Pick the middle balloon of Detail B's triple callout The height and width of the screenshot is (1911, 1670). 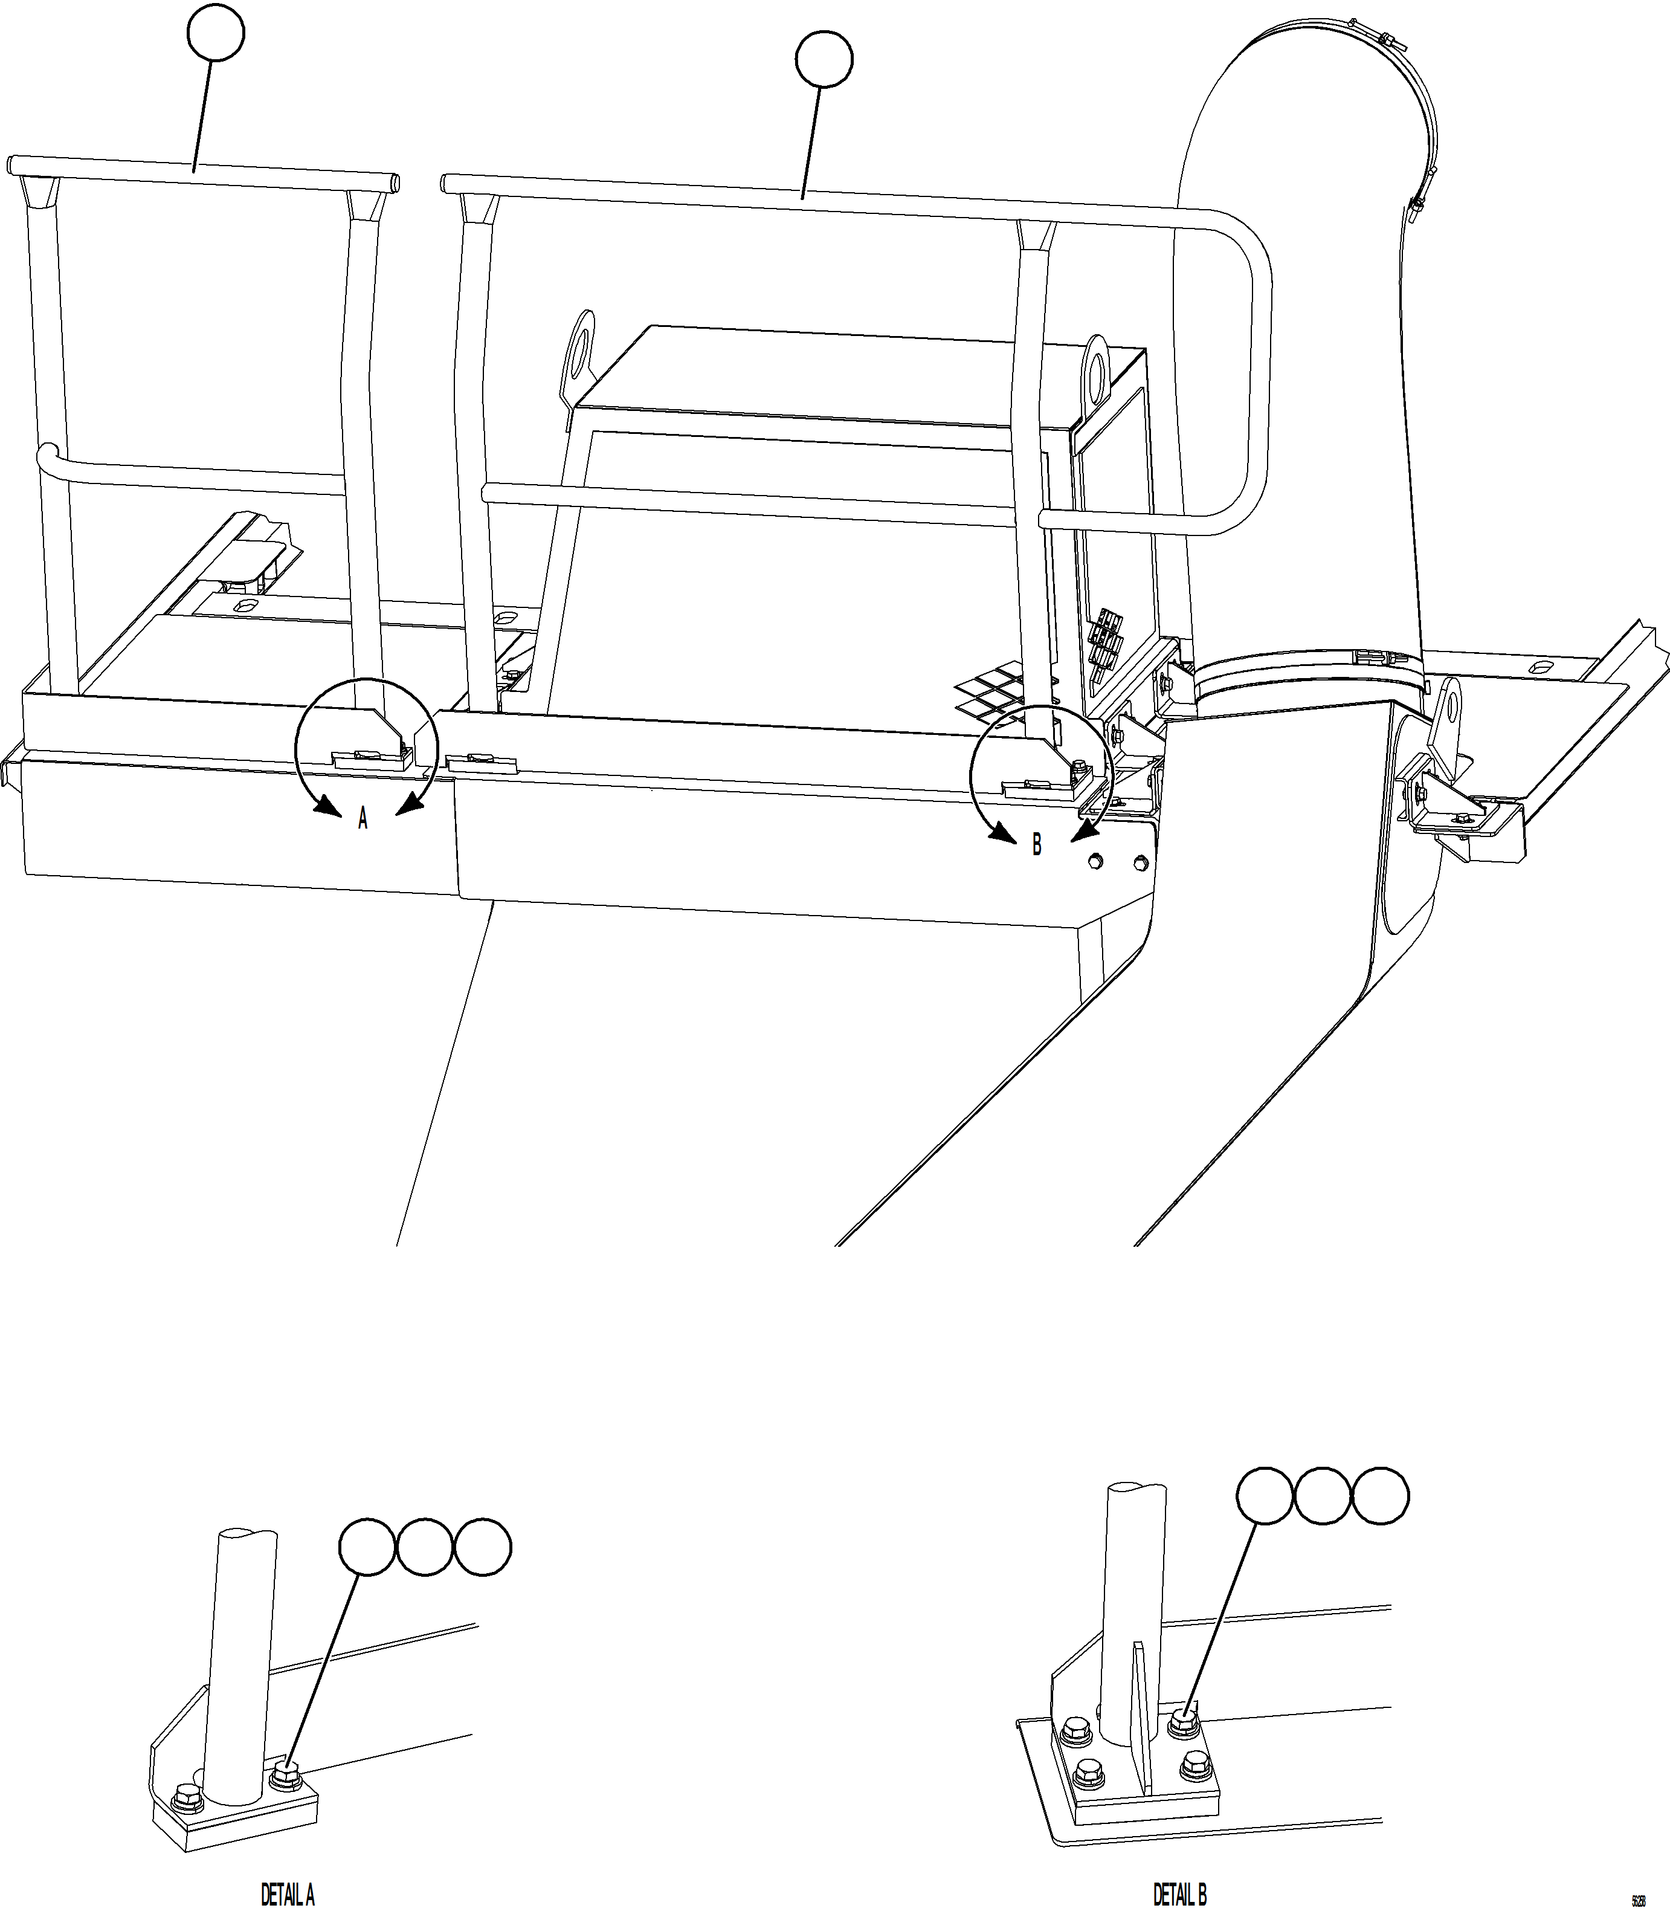click(1323, 1496)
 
